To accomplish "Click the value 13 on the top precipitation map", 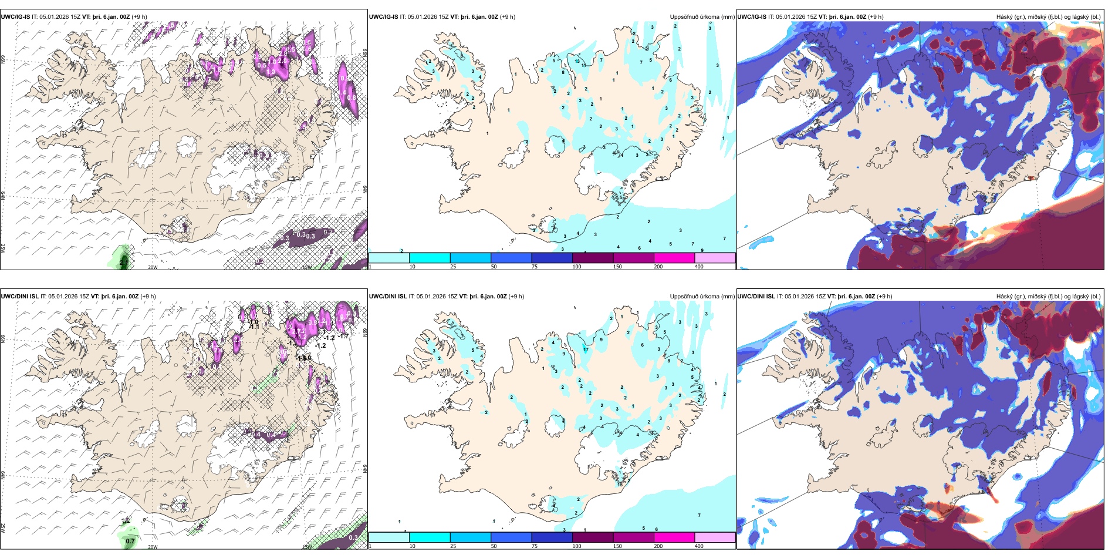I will click(577, 61).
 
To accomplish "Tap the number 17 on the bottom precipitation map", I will click(586, 349).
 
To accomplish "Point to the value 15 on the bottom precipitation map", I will click(620, 484).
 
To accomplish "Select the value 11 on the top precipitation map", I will click(583, 65).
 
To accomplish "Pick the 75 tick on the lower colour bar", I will click(535, 546).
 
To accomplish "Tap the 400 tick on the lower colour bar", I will click(699, 546).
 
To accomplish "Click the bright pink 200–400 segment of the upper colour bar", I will click(674, 258).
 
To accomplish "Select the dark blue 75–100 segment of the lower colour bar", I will click(552, 537).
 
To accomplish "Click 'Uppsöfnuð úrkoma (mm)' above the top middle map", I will click(702, 17).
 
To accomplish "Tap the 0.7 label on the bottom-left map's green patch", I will click(130, 541).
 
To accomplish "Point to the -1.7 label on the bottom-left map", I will click(343, 336).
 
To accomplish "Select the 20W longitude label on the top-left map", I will click(153, 267).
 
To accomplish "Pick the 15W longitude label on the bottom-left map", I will click(306, 547).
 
